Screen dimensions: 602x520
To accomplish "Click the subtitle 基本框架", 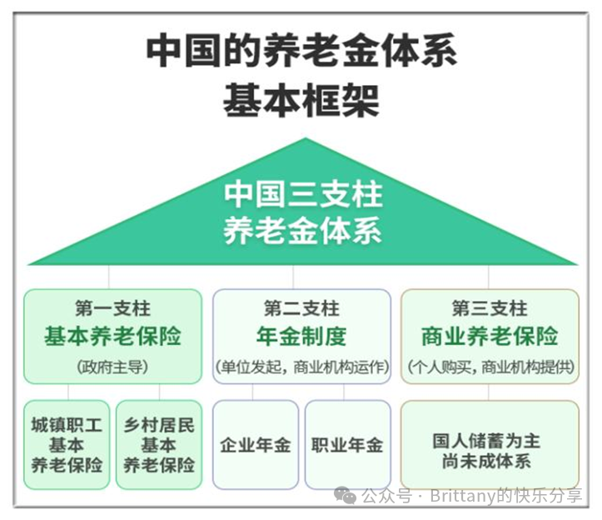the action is (x=301, y=100).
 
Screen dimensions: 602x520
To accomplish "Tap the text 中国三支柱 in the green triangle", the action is (x=303, y=194).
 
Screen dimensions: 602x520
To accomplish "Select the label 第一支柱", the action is (x=112, y=308).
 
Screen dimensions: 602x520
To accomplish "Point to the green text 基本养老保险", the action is (x=112, y=336).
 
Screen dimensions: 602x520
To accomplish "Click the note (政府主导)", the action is (x=112, y=367).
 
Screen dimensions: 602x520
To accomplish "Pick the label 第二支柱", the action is (x=301, y=308).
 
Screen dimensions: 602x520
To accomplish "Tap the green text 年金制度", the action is (x=301, y=336).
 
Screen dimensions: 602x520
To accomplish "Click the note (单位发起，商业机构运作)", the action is (x=301, y=367).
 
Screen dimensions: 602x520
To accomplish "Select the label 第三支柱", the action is (x=490, y=308).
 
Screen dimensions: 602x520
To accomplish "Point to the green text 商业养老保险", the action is (x=490, y=336).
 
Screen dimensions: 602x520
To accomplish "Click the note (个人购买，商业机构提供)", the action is (x=490, y=367).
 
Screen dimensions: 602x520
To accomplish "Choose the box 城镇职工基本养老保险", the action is (x=67, y=445).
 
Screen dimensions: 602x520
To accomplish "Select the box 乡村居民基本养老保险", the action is (x=159, y=445).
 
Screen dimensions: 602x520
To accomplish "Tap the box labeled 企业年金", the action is (x=256, y=445).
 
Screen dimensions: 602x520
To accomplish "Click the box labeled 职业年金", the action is (x=348, y=445).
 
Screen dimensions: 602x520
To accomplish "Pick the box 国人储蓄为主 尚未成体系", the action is (x=490, y=445).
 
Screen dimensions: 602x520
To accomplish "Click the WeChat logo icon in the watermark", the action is (x=346, y=495).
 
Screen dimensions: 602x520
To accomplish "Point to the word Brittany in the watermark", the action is (x=463, y=495).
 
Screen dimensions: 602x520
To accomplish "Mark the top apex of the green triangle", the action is (x=306, y=138).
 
